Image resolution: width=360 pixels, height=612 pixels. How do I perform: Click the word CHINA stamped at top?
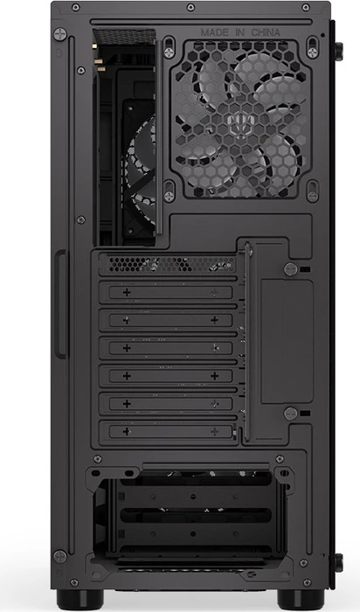(266, 32)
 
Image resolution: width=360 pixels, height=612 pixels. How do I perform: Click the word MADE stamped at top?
(215, 32)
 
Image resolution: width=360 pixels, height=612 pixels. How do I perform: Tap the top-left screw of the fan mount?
(169, 52)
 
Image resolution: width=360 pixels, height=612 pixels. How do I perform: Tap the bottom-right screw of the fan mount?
(313, 197)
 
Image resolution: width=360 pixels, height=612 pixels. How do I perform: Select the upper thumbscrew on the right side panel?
(338, 52)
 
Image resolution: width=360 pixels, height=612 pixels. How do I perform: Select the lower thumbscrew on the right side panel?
(338, 563)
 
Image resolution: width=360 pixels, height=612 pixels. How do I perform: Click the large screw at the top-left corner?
(60, 34)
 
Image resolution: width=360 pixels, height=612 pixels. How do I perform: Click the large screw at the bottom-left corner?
(60, 556)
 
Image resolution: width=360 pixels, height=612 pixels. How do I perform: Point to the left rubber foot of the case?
(80, 600)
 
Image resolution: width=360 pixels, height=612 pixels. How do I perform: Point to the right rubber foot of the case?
(301, 600)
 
